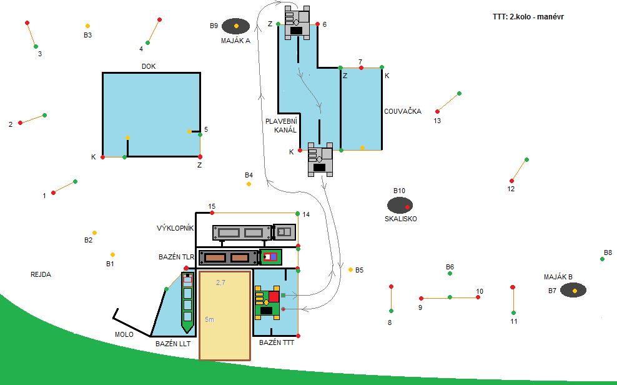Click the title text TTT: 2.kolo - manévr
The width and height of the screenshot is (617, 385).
coord(528,17)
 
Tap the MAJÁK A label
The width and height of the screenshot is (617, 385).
coord(235,41)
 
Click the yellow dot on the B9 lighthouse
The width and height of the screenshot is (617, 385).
coord(236,26)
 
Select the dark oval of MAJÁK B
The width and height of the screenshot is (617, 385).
coord(573,290)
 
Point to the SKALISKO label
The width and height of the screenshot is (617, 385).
coord(401,219)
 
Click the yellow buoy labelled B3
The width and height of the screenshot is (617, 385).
coord(87,26)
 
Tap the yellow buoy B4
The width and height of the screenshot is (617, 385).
coord(249,184)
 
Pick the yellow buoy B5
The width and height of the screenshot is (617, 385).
coord(350,269)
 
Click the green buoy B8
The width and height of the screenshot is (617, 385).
coord(602,259)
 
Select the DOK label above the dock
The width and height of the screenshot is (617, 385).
coord(149,66)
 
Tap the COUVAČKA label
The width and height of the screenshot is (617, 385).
coord(403,111)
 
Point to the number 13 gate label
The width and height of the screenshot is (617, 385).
coord(437,121)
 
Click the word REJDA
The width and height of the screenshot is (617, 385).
coord(41,274)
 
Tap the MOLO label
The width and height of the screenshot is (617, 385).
coord(124,334)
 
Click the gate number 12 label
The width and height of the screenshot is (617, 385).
coord(511,189)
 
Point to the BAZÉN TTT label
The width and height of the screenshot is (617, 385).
coord(276,342)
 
